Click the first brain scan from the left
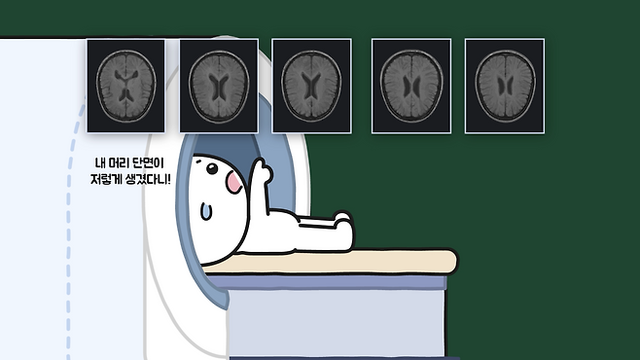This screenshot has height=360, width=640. pos(125,86)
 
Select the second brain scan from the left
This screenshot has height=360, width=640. pos(219,86)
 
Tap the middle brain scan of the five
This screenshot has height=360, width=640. pos(311,86)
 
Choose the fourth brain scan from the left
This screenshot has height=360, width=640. pos(411,86)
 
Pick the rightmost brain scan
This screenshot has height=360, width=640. pos(505,86)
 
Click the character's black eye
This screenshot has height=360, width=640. pos(212,168)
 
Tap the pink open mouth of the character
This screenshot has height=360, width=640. pos(234,182)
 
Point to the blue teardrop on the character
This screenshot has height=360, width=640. pos(206,211)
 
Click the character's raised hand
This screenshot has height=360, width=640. pos(262,170)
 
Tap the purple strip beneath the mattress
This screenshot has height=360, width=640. pos(327,282)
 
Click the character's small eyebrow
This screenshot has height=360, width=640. pos(198,161)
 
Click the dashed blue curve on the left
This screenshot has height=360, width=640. pos(69,229)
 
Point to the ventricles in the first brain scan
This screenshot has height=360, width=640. pos(125,85)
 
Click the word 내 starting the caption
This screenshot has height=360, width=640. pos(100,163)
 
